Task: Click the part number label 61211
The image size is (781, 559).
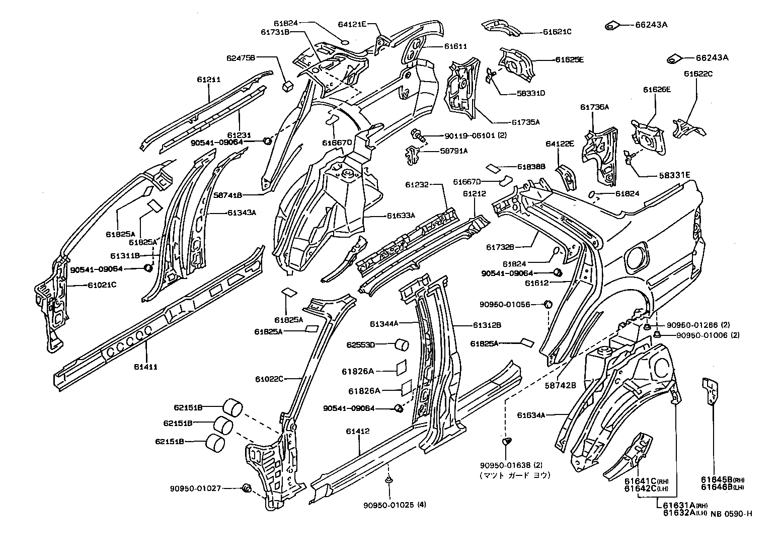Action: click(x=209, y=80)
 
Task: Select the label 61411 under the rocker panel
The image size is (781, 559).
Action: click(x=146, y=367)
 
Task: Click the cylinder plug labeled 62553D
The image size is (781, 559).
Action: click(x=403, y=345)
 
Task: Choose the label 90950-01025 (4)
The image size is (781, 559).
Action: click(x=395, y=505)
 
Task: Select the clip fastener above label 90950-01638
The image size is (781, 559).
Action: click(x=507, y=442)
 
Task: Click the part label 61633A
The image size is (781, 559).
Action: click(x=401, y=216)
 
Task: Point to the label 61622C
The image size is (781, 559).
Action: click(x=698, y=74)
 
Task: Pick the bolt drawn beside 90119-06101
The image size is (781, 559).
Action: click(x=418, y=134)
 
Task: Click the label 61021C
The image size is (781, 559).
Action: click(x=102, y=285)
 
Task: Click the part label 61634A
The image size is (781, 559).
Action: click(x=531, y=415)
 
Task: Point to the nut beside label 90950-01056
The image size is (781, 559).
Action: click(x=549, y=304)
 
